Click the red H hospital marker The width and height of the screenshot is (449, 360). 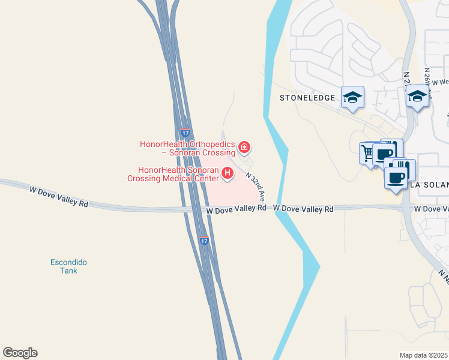228,173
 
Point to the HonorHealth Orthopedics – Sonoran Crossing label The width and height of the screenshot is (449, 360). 187,148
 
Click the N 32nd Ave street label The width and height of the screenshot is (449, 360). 255,186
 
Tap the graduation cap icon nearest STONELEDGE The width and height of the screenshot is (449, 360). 352,97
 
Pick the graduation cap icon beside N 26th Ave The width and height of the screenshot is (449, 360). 417,95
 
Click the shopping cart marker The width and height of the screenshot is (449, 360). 367,152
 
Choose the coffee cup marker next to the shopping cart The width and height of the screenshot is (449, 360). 384,155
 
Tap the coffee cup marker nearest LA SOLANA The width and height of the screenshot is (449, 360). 396,177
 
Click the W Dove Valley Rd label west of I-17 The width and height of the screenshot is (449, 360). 59,196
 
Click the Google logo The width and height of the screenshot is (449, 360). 20,353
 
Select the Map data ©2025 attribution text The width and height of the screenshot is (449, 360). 424,355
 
